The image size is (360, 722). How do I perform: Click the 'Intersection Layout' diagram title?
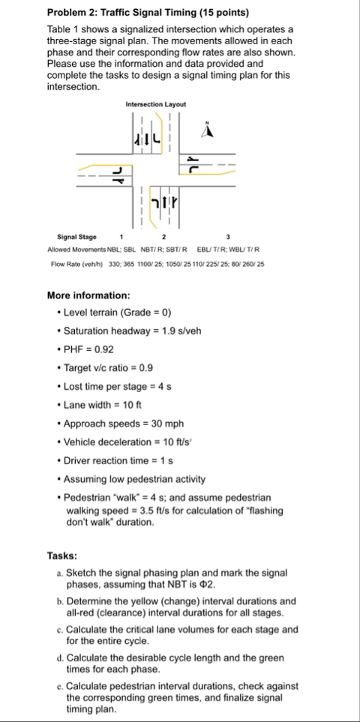click(x=156, y=104)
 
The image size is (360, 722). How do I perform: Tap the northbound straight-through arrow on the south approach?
click(x=165, y=202)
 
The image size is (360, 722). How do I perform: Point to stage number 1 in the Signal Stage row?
click(x=121, y=236)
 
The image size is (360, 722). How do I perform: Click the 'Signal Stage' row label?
click(x=76, y=236)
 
